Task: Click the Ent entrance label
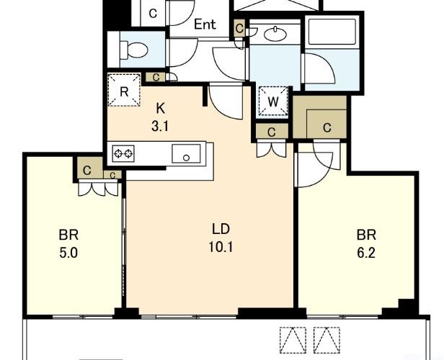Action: tap(205, 24)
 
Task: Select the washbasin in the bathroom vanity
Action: tap(275, 33)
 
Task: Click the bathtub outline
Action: tap(332, 32)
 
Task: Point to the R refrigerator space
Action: tap(124, 90)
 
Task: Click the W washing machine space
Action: tap(273, 102)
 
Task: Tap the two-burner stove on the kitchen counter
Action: tap(123, 153)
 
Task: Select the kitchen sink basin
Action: tap(186, 153)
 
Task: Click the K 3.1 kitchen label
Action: tap(160, 117)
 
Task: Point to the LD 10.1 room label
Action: tap(221, 238)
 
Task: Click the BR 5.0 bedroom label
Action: tap(68, 244)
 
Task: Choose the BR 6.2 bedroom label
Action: tap(366, 244)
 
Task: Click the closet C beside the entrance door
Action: tap(153, 13)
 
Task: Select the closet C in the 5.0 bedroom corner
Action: tap(87, 170)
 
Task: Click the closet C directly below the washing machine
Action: tap(272, 132)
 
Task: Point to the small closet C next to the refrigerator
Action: tap(156, 77)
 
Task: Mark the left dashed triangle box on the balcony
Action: tap(293, 341)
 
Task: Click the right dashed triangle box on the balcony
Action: tap(327, 341)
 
